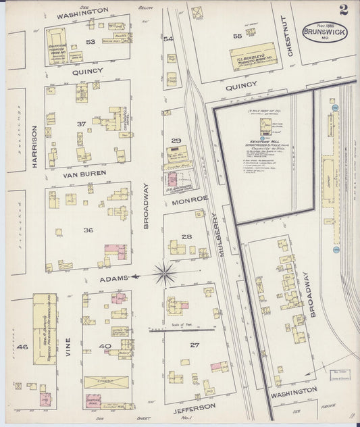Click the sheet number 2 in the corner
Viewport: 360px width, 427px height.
tap(344, 9)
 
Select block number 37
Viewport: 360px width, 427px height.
tap(82, 124)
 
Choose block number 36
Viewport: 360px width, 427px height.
tap(88, 230)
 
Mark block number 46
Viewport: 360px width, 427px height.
tap(22, 347)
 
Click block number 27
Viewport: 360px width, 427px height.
tap(195, 345)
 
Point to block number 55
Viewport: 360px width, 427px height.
tap(237, 36)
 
